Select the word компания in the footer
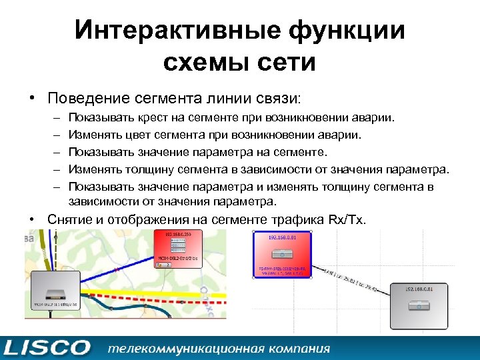click(297, 348)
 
